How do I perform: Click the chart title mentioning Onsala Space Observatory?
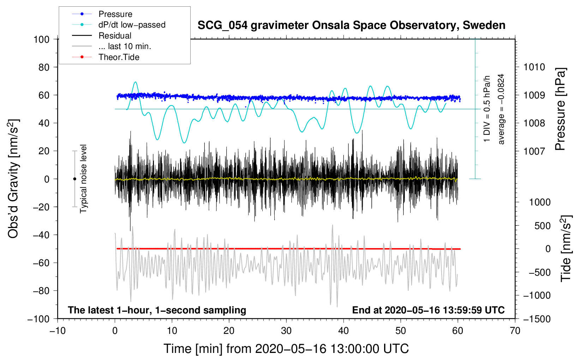click(351, 25)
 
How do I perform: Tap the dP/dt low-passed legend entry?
click(132, 25)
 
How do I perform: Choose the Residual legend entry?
click(115, 36)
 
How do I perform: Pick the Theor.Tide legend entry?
click(119, 57)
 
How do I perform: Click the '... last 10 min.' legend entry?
click(125, 46)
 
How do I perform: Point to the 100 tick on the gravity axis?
click(42, 39)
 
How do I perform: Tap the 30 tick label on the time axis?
click(286, 331)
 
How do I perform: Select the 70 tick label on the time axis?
click(515, 331)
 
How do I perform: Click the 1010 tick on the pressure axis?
click(534, 67)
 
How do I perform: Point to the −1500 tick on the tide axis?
click(537, 319)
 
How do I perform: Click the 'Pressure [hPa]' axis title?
click(560, 109)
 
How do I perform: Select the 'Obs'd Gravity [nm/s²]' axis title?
click(13, 179)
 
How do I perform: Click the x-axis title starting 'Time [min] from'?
click(286, 349)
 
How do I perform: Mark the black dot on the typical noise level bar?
click(74, 179)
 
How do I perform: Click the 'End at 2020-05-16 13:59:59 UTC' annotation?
click(428, 310)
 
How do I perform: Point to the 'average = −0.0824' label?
click(501, 109)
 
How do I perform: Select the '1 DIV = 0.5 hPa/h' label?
click(487, 109)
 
